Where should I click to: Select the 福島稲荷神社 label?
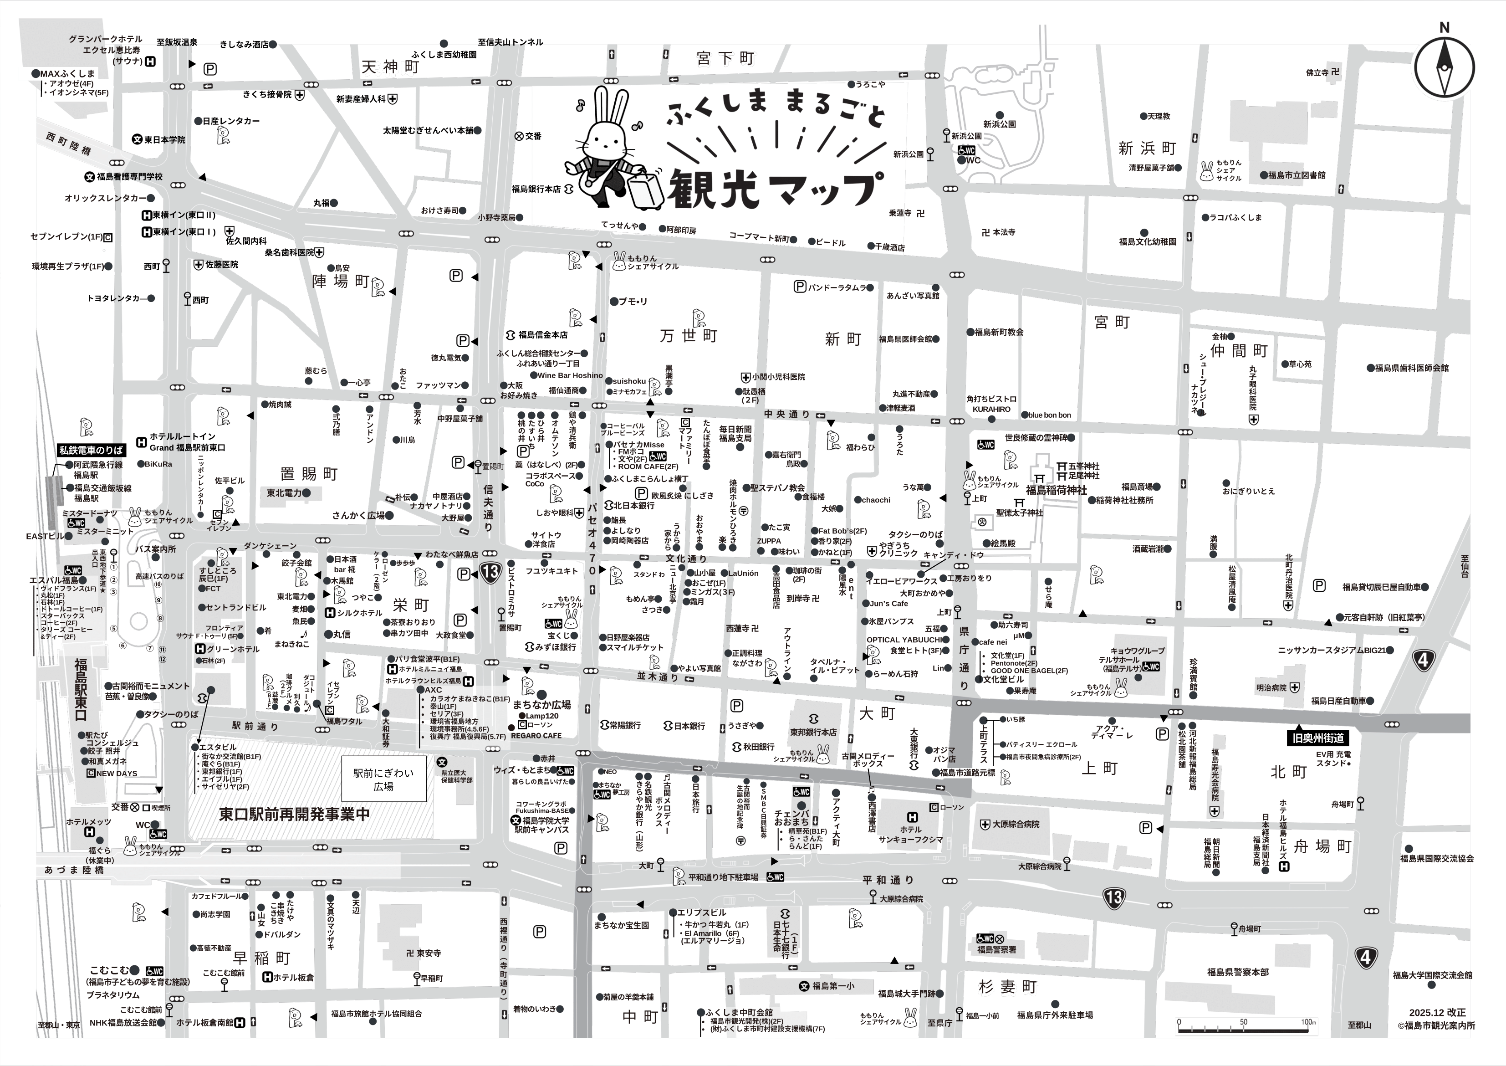click(x=1056, y=490)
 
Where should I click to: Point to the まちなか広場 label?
click(x=541, y=704)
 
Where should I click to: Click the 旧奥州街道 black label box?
click(x=1317, y=738)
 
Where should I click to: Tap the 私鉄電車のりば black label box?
click(x=91, y=450)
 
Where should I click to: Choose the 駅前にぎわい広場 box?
click(x=383, y=779)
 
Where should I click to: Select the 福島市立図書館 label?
click(x=1296, y=175)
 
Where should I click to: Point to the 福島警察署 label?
click(x=996, y=949)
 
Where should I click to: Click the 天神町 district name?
click(x=390, y=67)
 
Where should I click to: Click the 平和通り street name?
click(x=888, y=880)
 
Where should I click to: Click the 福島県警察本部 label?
click(x=1238, y=972)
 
